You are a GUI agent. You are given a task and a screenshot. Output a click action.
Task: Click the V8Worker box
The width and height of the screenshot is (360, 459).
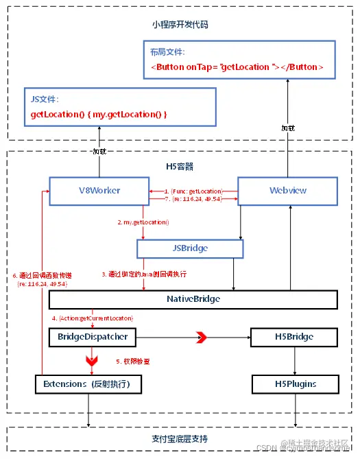[99, 190]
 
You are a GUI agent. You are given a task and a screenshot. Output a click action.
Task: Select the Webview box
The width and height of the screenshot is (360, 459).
[288, 190]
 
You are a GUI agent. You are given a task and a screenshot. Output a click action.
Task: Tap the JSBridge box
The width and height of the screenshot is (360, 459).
[189, 248]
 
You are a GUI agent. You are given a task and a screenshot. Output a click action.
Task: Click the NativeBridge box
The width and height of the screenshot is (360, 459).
[193, 300]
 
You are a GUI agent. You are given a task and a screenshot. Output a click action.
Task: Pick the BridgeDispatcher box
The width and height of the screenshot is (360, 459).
[92, 337]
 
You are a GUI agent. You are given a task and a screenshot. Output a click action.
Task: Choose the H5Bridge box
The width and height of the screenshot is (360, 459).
[294, 337]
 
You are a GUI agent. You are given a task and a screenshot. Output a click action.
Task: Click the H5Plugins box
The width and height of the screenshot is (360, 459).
[294, 384]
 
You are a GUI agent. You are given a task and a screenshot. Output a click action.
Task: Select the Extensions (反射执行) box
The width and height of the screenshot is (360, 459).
[88, 384]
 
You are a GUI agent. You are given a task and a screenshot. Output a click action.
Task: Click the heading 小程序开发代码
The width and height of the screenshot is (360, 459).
[180, 25]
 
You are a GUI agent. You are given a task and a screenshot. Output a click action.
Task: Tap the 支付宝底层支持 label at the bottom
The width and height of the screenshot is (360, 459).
[180, 438]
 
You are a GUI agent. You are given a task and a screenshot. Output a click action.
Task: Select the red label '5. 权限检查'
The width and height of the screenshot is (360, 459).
[133, 361]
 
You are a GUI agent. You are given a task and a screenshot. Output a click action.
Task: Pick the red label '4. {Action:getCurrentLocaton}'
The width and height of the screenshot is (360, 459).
[93, 318]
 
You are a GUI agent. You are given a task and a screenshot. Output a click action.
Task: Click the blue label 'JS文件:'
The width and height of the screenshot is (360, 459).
[45, 99]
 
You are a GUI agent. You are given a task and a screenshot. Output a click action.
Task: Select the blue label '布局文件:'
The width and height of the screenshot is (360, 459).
[167, 52]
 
